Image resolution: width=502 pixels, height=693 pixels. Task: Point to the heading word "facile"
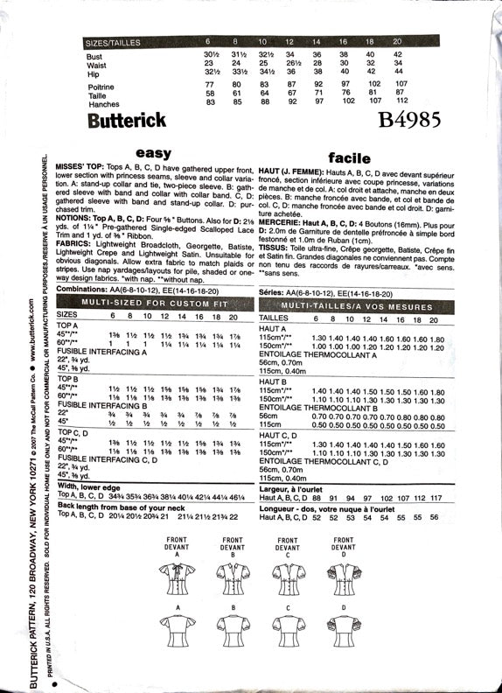[x=350, y=157]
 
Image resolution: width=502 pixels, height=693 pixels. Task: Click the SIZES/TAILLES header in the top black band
[x=121, y=41]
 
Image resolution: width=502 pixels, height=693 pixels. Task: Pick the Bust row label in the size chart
[x=94, y=55]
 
